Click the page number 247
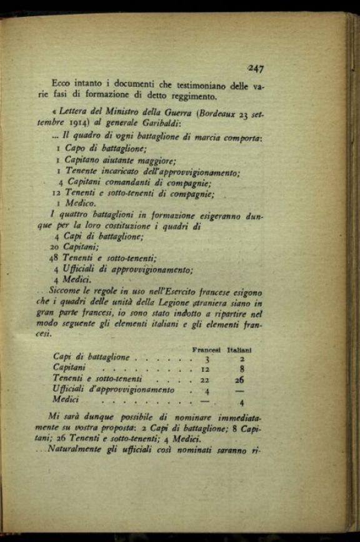pyautogui.click(x=255, y=69)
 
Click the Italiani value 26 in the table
pyautogui.click(x=239, y=381)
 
